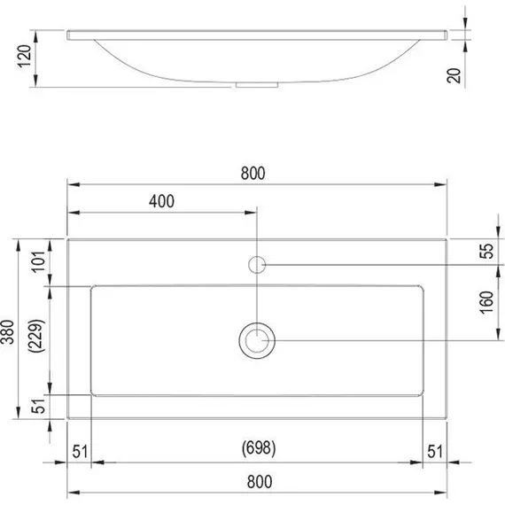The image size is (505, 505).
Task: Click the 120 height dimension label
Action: tap(25, 56)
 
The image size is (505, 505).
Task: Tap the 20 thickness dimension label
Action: tap(454, 75)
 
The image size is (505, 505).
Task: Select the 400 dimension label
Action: tap(161, 201)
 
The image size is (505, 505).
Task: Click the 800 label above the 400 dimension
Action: tap(252, 174)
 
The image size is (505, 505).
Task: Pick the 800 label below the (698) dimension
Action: tap(260, 482)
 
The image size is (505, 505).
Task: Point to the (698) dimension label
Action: tap(259, 448)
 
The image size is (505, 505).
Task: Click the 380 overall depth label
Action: tap(8, 331)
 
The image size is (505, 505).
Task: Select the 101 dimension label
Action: tap(39, 261)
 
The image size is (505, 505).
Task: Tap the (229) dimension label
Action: tap(36, 336)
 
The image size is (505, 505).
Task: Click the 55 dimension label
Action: tap(486, 251)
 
